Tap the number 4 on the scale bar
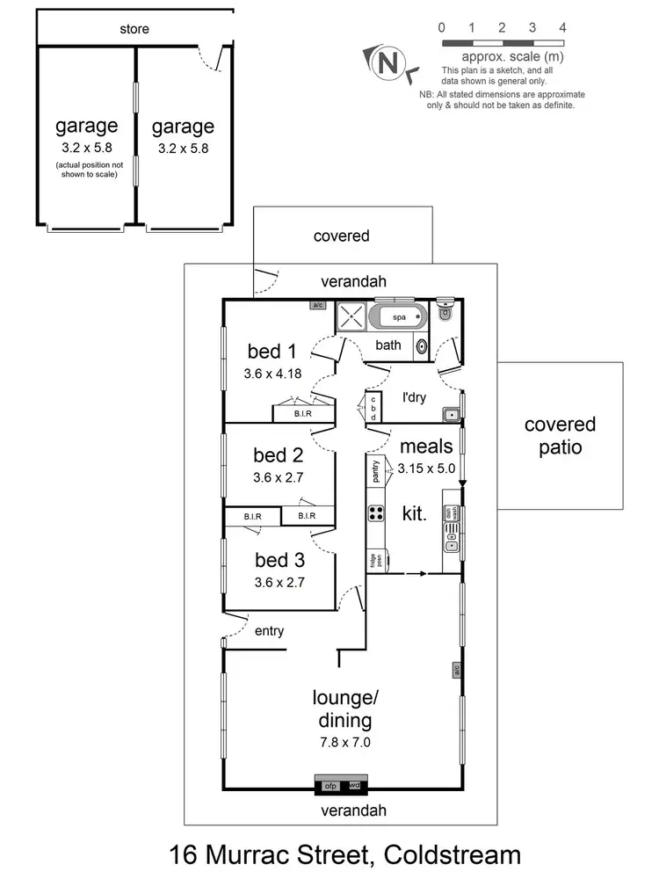(562, 27)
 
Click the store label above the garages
(134, 29)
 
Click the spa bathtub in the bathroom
(398, 316)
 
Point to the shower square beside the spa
(350, 317)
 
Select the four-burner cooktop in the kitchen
(377, 514)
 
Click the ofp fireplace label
(331, 785)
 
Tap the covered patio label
(560, 435)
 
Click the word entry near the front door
(269, 631)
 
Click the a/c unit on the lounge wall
(457, 671)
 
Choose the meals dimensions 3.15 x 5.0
(426, 469)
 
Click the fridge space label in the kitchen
(373, 560)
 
